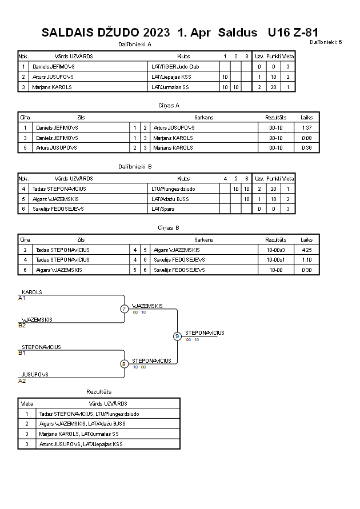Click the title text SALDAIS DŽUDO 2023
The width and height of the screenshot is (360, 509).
pyautogui.click(x=106, y=33)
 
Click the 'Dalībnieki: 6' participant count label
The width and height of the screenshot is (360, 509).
pyautogui.click(x=326, y=42)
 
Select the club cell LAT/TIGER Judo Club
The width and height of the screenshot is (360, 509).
pyautogui.click(x=175, y=66)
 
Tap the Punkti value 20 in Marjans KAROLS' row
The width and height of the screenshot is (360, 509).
pyautogui.click(x=273, y=87)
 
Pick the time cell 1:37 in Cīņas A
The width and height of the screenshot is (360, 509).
pyautogui.click(x=306, y=127)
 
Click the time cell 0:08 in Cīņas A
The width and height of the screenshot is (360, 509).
pyautogui.click(x=306, y=138)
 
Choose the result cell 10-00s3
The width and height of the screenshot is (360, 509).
pyautogui.click(x=275, y=250)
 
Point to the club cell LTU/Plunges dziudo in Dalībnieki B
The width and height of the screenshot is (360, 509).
pyautogui.click(x=173, y=189)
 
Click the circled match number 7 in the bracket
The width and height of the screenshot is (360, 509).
pyautogui.click(x=124, y=308)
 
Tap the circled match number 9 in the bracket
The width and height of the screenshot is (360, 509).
pyautogui.click(x=177, y=336)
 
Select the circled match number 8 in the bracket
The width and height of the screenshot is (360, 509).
pyautogui.click(x=123, y=364)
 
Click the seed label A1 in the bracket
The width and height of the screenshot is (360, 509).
pyautogui.click(x=22, y=298)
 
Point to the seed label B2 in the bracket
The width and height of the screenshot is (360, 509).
pyautogui.click(x=22, y=325)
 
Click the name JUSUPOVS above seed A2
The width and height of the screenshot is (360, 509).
pyautogui.click(x=35, y=374)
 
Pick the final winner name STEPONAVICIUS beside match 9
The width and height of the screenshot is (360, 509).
pyautogui.click(x=205, y=332)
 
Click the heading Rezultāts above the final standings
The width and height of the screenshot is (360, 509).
pyautogui.click(x=99, y=391)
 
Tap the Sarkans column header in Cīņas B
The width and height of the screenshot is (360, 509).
pyautogui.click(x=203, y=239)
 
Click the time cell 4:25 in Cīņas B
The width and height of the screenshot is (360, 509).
pyautogui.click(x=306, y=250)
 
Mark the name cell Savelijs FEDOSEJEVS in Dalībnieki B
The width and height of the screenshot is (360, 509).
pyautogui.click(x=58, y=209)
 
